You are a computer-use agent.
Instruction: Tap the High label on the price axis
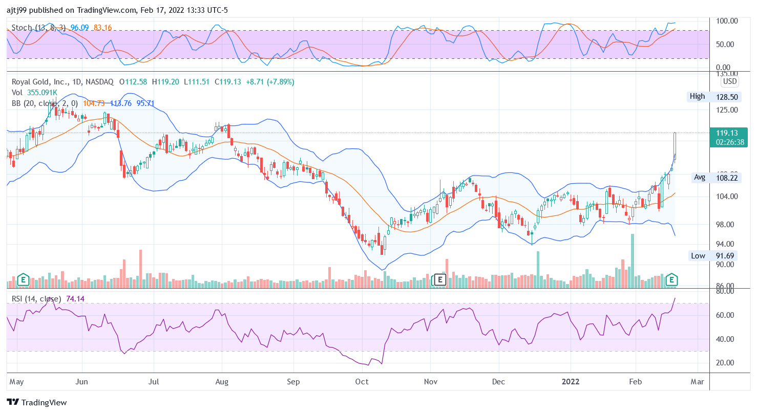pos(697,96)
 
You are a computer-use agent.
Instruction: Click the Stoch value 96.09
pos(79,27)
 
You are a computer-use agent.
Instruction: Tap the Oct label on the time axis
pos(362,382)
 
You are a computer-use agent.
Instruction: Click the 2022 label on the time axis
pos(571,382)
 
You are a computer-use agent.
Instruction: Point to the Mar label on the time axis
pos(697,382)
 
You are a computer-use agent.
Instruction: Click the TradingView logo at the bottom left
pos(37,402)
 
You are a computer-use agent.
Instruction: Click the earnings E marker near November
pos(439,279)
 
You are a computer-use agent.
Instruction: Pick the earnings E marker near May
pos(23,279)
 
